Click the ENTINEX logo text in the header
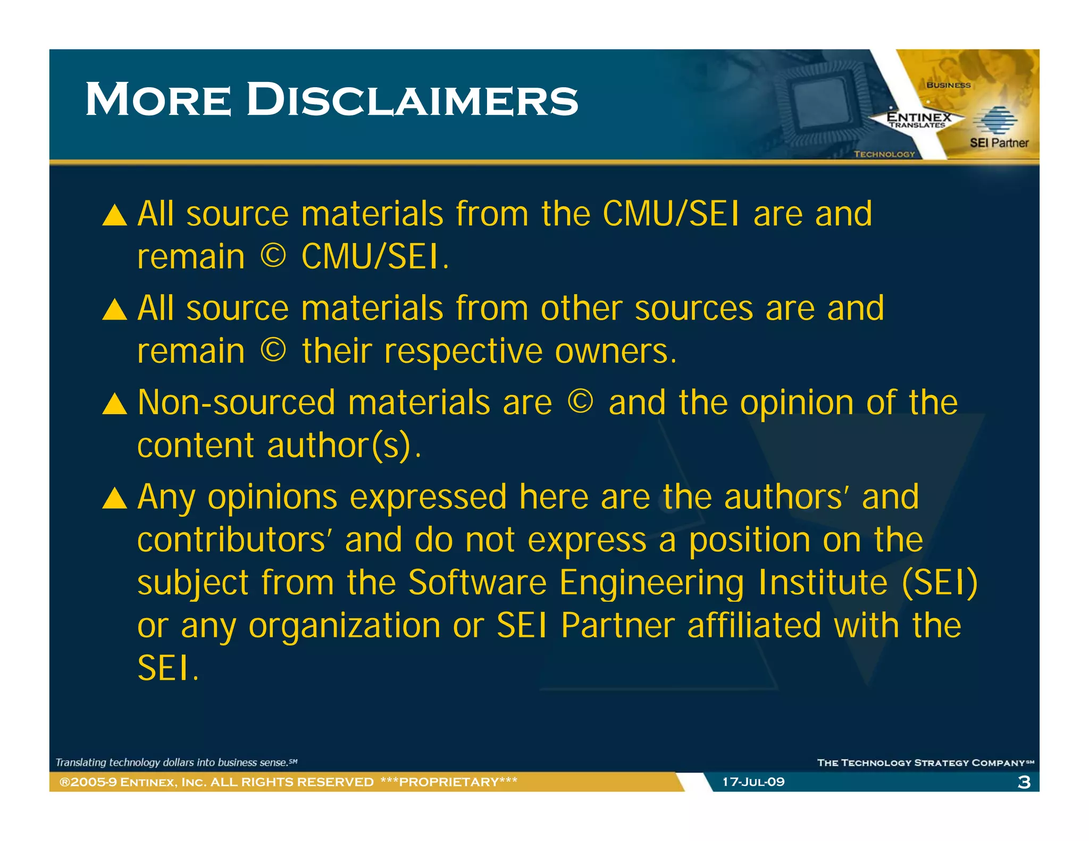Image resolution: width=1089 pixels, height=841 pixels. click(918, 117)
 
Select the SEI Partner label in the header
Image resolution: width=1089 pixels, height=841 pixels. click(999, 142)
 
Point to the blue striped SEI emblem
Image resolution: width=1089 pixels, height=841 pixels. click(994, 120)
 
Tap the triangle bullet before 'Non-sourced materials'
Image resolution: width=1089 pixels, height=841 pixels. click(114, 404)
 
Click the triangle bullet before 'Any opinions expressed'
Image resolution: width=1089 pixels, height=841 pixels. click(114, 499)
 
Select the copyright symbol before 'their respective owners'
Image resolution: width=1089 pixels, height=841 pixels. click(273, 350)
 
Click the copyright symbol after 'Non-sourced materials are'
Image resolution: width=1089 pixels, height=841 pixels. click(580, 401)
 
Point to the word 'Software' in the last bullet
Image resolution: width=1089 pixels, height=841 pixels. click(477, 582)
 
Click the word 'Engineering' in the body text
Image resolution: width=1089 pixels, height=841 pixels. click(651, 583)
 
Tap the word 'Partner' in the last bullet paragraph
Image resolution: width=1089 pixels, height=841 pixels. click(618, 625)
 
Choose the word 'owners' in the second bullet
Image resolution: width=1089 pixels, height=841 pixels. click(615, 351)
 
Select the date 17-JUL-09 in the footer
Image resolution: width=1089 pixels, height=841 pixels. click(753, 781)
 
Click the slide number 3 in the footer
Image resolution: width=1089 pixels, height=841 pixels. click(1024, 782)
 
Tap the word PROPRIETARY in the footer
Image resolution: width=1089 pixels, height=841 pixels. click(449, 781)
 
